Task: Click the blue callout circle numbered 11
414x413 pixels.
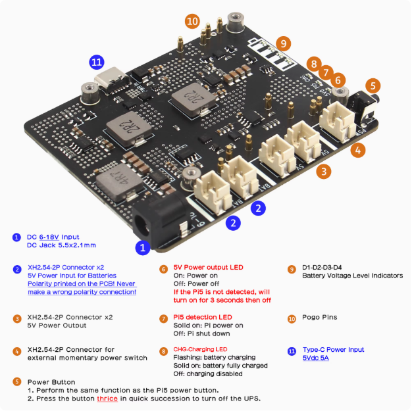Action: click(97, 62)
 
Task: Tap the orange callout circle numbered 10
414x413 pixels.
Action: click(192, 21)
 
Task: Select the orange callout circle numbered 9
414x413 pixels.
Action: click(283, 43)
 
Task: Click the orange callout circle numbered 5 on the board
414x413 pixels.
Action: click(373, 85)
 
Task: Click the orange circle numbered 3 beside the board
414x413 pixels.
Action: click(323, 172)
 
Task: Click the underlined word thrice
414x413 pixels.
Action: click(107, 399)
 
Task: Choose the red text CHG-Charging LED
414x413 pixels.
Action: click(200, 349)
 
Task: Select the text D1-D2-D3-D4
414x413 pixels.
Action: click(325, 268)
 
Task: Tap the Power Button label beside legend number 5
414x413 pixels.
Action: click(51, 381)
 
